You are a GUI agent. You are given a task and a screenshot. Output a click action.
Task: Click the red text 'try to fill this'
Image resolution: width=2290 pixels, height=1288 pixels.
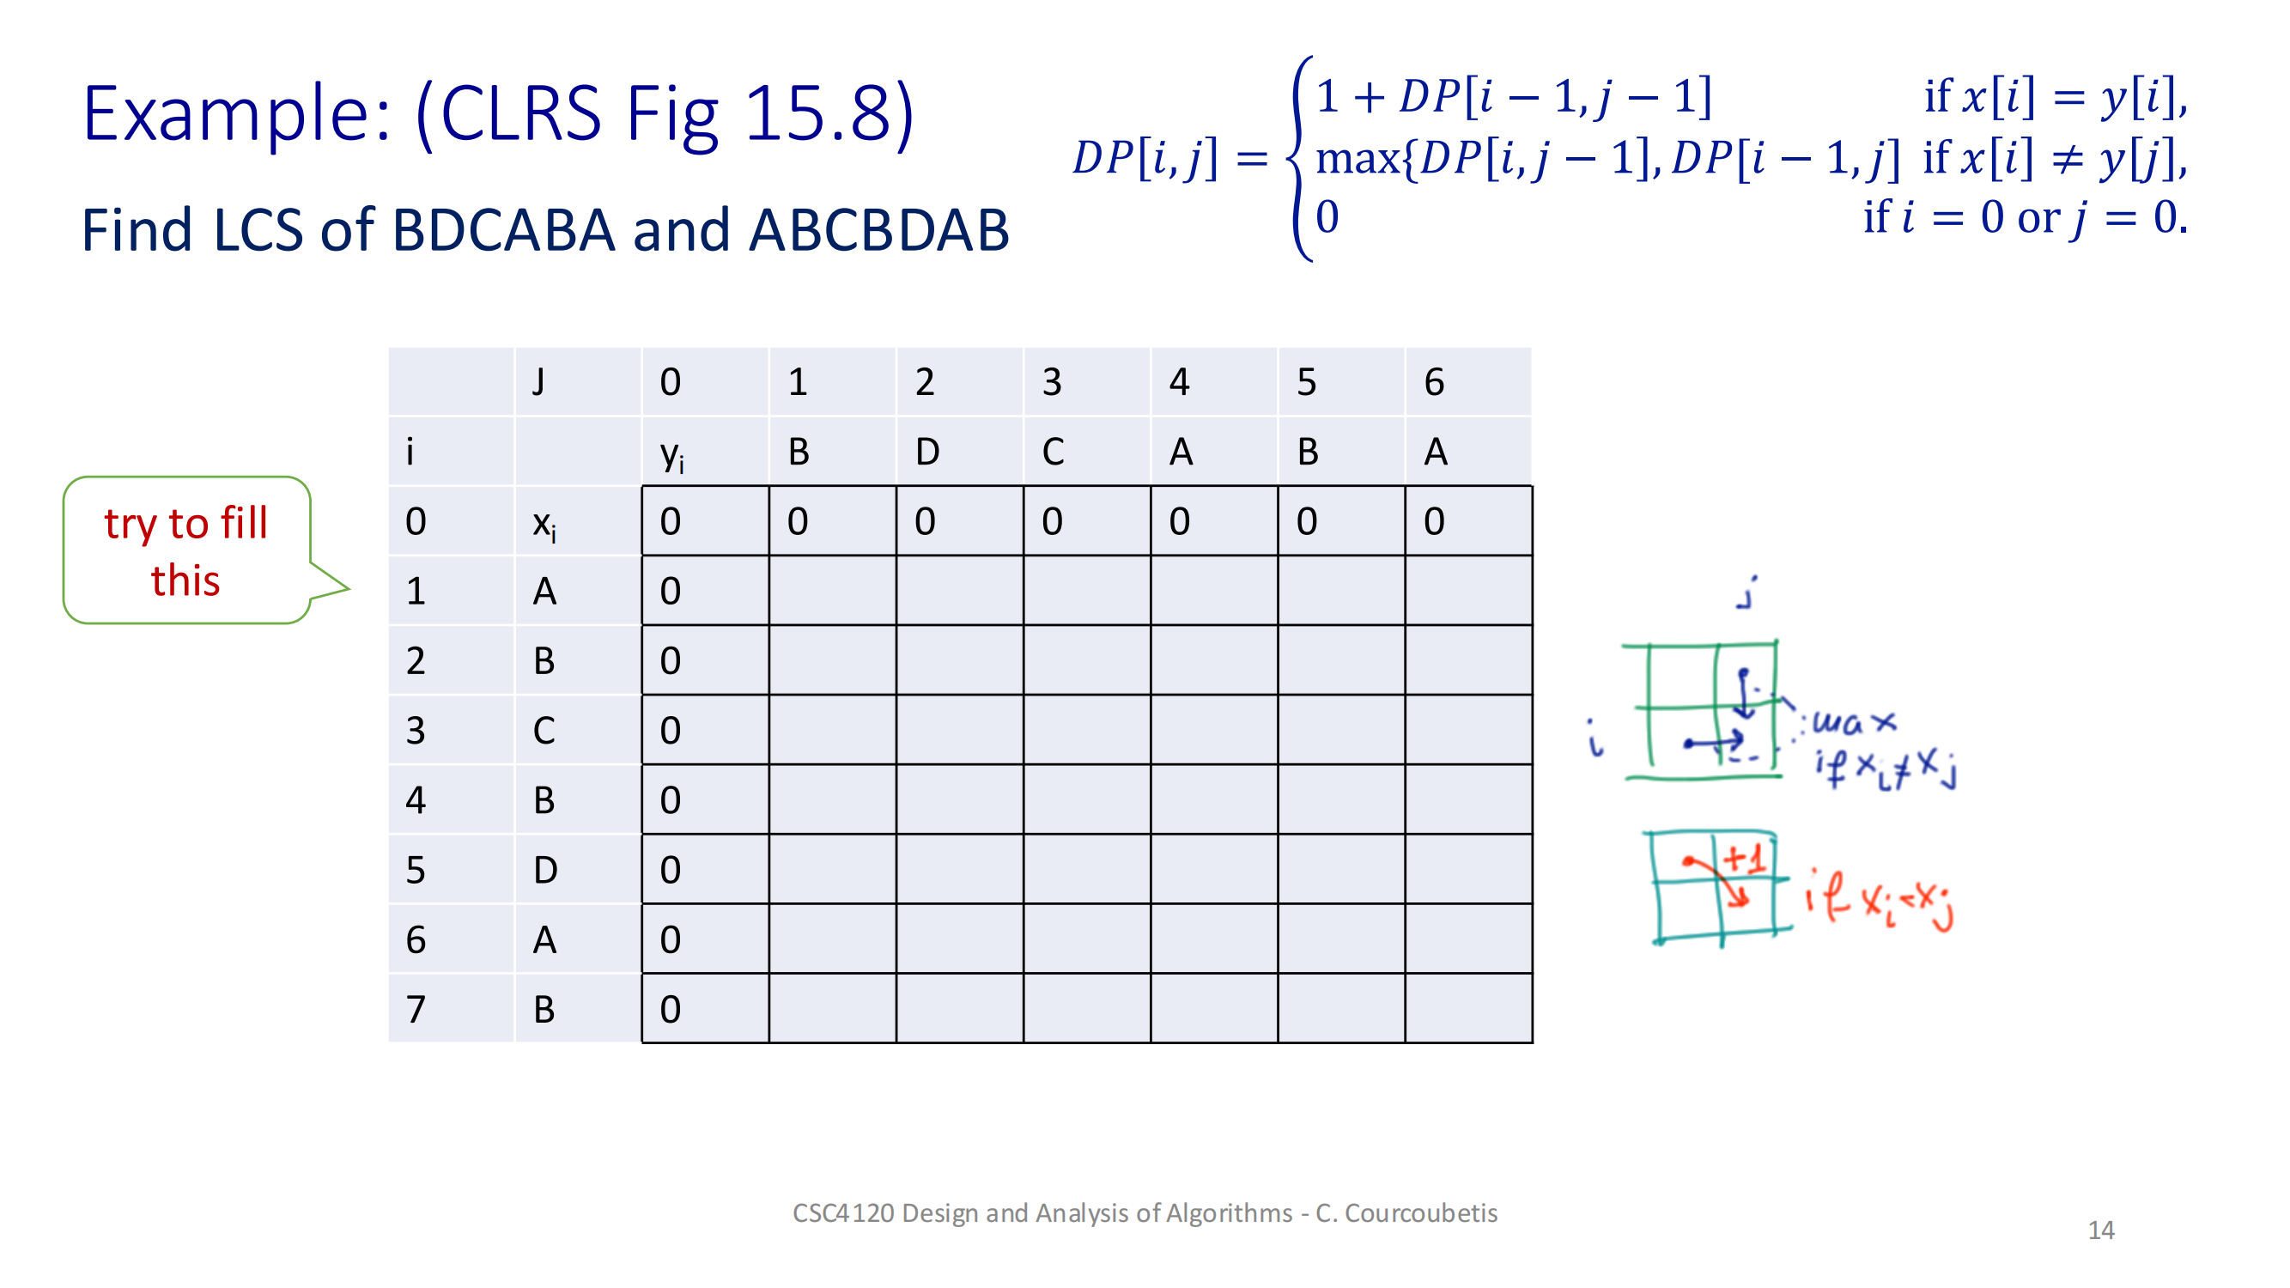[x=185, y=551]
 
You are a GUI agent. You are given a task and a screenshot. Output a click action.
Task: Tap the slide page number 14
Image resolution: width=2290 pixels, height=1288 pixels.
[x=2099, y=1230]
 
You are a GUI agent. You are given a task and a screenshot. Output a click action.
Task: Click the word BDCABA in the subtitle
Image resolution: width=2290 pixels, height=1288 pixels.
[x=502, y=230]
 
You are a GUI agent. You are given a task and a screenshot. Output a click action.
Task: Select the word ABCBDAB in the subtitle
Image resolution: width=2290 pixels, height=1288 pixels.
[x=878, y=230]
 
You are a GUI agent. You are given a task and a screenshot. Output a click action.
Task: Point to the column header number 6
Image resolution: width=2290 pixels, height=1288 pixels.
[x=1433, y=382]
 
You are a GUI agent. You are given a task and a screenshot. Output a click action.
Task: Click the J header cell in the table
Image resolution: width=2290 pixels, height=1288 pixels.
[x=538, y=382]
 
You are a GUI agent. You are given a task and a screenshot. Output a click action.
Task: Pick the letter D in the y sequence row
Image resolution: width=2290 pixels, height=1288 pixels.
[x=926, y=452]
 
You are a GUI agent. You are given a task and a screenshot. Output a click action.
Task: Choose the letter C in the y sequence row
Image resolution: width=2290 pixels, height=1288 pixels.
[x=1053, y=452]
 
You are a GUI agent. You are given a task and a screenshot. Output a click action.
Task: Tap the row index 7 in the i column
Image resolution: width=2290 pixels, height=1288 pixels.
[x=415, y=1009]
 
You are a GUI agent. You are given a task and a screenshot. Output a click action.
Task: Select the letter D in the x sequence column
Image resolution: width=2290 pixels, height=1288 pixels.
[x=545, y=869]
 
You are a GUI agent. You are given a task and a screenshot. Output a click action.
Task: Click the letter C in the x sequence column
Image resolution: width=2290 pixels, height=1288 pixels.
[x=544, y=731]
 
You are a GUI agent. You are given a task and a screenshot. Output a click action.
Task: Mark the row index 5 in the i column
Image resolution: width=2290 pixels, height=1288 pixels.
[x=415, y=869]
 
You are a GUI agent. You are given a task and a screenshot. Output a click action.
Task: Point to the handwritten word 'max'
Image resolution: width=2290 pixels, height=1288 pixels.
[x=1854, y=721]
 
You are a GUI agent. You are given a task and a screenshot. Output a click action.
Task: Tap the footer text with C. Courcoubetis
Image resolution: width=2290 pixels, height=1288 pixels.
[x=1144, y=1212]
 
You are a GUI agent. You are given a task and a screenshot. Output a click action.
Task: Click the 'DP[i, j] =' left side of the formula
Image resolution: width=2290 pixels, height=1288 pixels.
[x=1169, y=158]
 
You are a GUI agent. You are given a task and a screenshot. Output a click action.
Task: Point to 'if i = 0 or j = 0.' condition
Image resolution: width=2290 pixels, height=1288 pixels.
[x=2024, y=217]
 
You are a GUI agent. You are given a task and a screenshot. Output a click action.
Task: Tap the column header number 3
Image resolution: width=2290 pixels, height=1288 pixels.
[x=1052, y=382]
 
